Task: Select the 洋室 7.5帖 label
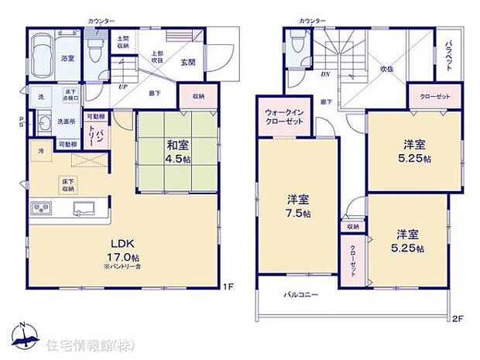297,207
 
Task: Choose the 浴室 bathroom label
67,58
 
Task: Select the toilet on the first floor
94,51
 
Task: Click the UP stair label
123,87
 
